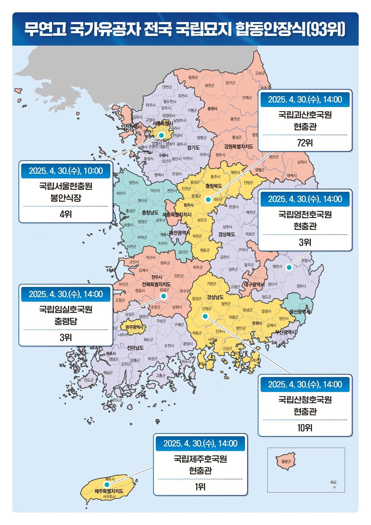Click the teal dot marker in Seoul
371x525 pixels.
(161, 135)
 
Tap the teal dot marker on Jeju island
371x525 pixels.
(107, 484)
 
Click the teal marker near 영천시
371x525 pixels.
(289, 267)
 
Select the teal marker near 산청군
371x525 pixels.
(205, 316)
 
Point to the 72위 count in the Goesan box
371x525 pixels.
(305, 143)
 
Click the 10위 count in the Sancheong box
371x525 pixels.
(305, 428)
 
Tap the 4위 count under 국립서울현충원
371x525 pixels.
(66, 214)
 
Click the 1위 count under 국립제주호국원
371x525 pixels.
(200, 487)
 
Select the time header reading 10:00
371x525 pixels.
(66, 171)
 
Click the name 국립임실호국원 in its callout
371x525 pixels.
(66, 309)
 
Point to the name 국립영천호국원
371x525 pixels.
(305, 214)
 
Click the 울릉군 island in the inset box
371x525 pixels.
(286, 461)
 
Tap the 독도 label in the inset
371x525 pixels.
(333, 482)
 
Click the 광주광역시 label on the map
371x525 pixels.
(134, 327)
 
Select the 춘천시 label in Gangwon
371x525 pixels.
(212, 109)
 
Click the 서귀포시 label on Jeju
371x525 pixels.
(109, 497)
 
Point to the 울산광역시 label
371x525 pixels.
(300, 312)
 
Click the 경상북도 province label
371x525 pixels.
(227, 234)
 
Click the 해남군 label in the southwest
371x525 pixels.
(108, 373)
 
